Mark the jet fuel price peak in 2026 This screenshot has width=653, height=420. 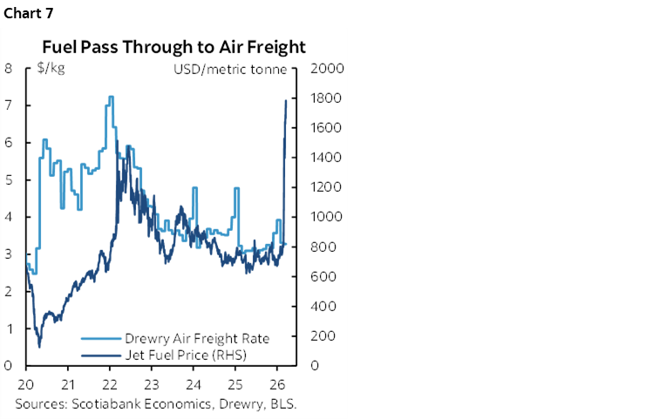(x=287, y=101)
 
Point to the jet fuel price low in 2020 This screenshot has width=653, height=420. (x=39, y=346)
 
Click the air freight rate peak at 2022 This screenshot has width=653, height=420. (x=110, y=97)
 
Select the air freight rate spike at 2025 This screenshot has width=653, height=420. (x=235, y=189)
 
